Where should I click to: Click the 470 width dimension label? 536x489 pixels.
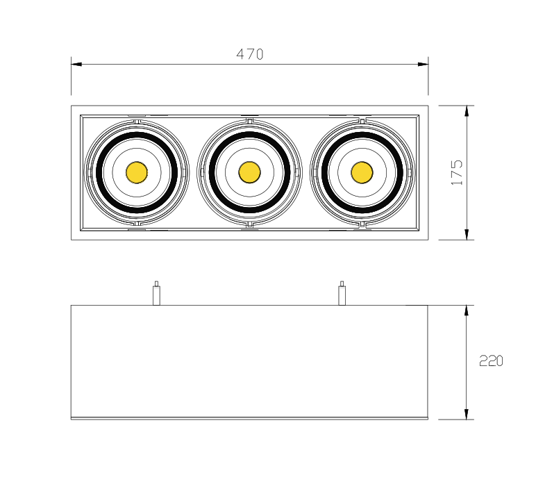[x=250, y=54]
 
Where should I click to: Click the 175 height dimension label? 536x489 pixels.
[x=457, y=172]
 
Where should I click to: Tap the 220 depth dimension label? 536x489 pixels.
[x=491, y=360]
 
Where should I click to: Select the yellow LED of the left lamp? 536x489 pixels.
[x=137, y=172]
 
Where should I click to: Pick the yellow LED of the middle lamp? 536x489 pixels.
[x=249, y=172]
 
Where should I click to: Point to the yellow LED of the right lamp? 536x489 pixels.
[x=362, y=172]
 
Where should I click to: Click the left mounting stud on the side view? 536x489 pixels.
[x=156, y=293]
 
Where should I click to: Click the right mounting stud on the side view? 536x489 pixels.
[x=342, y=293]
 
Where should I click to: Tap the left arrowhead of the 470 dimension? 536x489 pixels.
[x=76, y=64]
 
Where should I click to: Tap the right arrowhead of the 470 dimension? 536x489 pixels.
[x=423, y=64]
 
